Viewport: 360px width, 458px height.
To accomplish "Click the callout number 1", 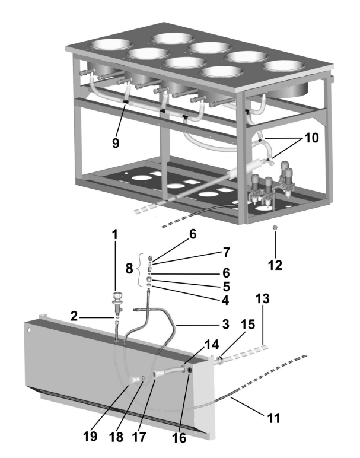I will pyautogui.click(x=115, y=234).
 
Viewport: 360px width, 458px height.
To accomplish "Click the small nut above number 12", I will pyautogui.click(x=275, y=228).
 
